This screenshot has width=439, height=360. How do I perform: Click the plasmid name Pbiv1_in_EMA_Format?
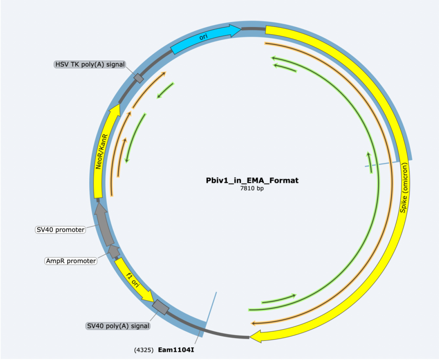click(252, 180)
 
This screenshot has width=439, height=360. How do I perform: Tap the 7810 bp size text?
click(252, 188)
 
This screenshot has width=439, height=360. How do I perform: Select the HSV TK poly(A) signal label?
click(90, 64)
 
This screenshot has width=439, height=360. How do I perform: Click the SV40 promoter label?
click(60, 230)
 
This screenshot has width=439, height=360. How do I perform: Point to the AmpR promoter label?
click(71, 261)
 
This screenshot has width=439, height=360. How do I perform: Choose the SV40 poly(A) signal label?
click(118, 326)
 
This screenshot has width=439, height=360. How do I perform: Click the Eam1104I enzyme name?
click(176, 350)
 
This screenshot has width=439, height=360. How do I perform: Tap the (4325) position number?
click(144, 350)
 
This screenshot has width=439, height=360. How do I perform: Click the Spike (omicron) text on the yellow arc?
click(404, 188)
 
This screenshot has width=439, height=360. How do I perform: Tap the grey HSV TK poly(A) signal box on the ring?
click(139, 78)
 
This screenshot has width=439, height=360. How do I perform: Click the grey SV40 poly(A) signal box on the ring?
click(161, 307)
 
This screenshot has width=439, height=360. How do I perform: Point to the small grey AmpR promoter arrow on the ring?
click(114, 251)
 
